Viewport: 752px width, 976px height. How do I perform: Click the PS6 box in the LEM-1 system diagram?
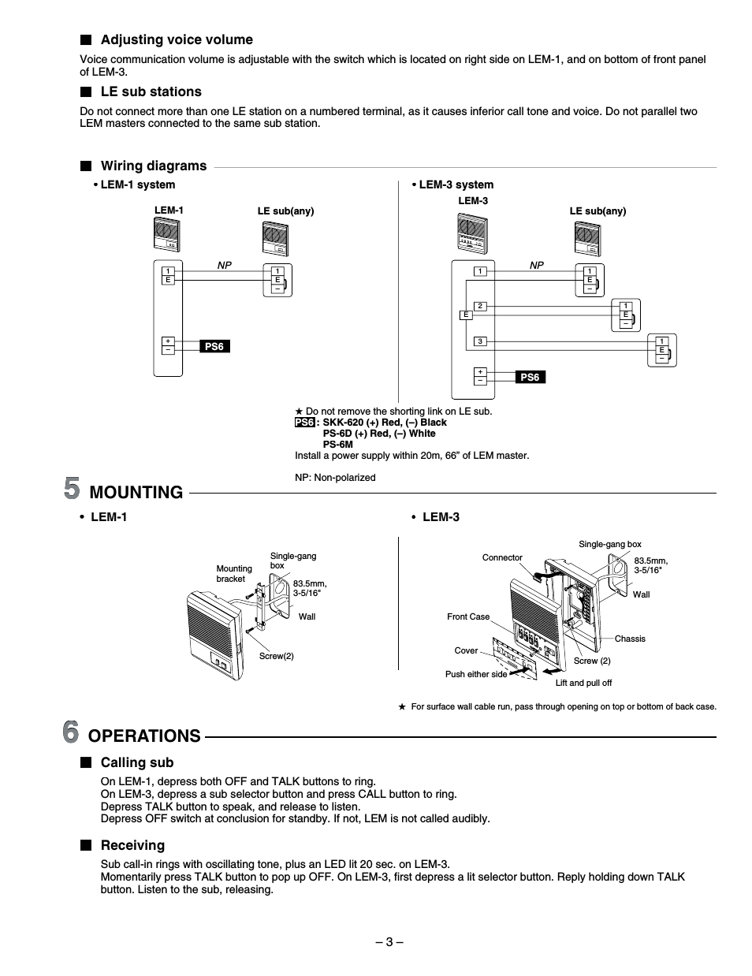(x=214, y=346)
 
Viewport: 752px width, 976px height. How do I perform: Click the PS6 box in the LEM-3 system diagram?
(x=530, y=378)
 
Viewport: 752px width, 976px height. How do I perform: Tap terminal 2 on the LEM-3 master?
(x=480, y=306)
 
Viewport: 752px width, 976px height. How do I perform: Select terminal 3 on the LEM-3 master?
(x=480, y=341)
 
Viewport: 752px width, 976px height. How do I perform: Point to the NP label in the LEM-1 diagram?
(x=225, y=266)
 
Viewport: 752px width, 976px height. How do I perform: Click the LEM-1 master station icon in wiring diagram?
(x=167, y=234)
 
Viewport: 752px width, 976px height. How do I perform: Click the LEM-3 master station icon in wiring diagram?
(x=473, y=233)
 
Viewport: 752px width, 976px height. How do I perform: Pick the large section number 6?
(x=71, y=733)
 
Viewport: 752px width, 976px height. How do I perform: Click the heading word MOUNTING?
(x=136, y=493)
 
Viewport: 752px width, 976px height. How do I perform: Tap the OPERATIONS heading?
(x=144, y=736)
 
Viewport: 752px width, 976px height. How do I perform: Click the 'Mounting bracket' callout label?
(x=234, y=573)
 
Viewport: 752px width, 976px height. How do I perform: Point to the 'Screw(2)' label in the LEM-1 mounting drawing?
(x=276, y=656)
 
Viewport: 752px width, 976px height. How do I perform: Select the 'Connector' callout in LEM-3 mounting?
(x=502, y=557)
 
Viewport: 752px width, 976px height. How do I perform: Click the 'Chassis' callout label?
(x=630, y=639)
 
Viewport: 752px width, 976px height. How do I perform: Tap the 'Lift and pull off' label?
(x=583, y=683)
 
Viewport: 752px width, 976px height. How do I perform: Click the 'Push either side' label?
(x=476, y=674)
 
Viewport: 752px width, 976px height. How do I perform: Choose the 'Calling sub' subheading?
(x=136, y=762)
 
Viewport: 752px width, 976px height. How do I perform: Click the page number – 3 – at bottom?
(x=389, y=941)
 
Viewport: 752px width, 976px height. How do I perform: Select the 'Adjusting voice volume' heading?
(x=177, y=39)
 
